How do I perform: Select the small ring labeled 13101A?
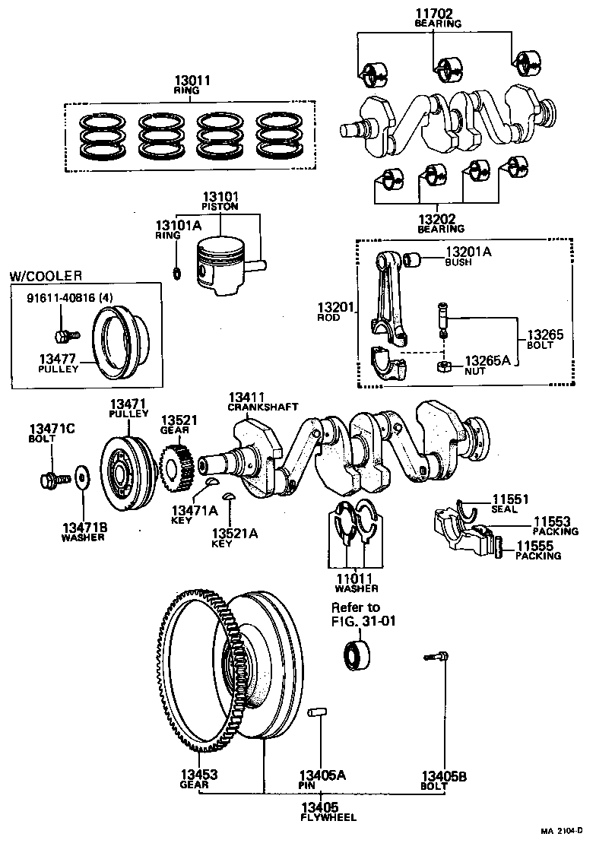click(x=176, y=273)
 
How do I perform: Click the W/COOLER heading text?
click(x=45, y=275)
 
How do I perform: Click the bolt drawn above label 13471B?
click(x=52, y=480)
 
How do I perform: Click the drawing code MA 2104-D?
click(x=562, y=830)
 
